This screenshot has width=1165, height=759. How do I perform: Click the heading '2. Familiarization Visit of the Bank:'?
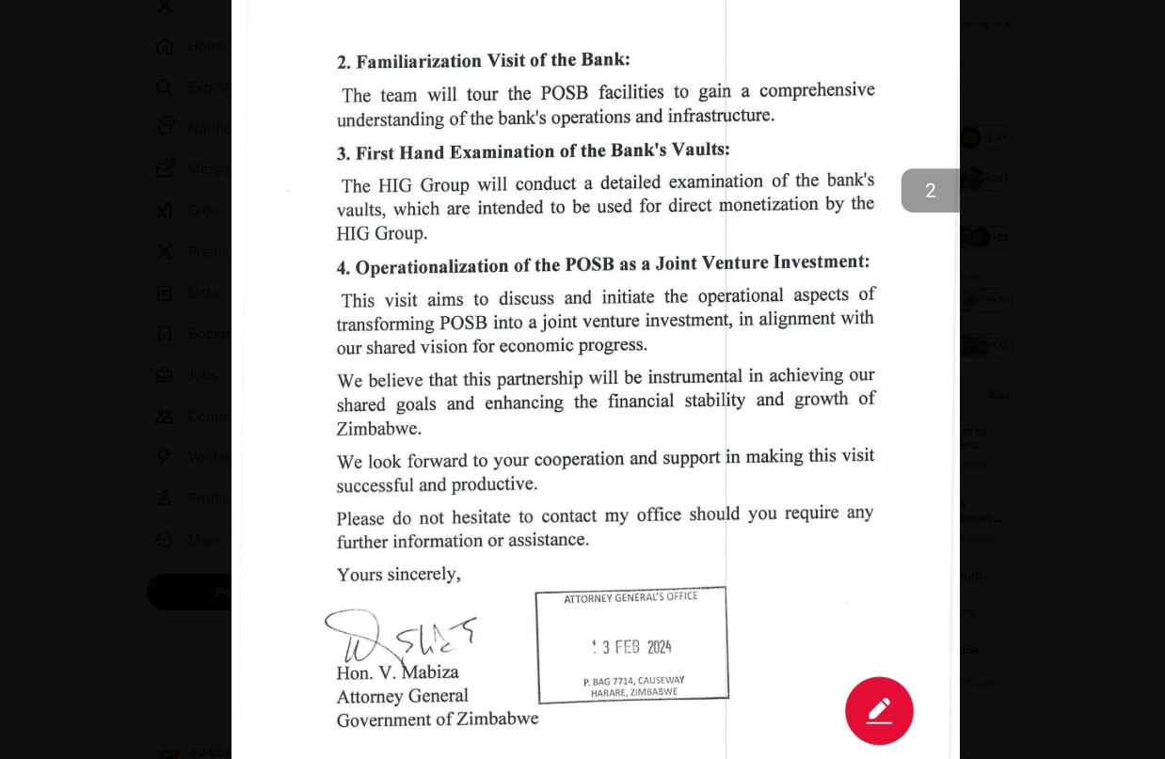(x=483, y=61)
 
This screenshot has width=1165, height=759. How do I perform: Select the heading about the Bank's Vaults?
(x=533, y=151)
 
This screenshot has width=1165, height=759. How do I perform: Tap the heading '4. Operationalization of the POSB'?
(x=602, y=264)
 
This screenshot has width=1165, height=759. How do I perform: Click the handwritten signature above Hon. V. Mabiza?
(x=399, y=637)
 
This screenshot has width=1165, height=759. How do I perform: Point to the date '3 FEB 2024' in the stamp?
(x=632, y=647)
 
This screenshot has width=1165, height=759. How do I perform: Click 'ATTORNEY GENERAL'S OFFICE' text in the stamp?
(x=630, y=598)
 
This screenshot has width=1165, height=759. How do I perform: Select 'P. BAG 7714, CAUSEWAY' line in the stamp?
(x=633, y=681)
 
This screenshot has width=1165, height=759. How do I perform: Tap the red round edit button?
(x=879, y=711)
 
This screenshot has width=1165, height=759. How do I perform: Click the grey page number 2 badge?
(x=930, y=191)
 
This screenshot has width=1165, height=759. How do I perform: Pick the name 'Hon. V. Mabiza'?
(x=397, y=672)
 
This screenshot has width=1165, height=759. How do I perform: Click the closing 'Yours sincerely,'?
(x=398, y=575)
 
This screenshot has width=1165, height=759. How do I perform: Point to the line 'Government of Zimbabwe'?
(x=437, y=719)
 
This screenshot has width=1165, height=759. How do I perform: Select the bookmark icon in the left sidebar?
(x=165, y=334)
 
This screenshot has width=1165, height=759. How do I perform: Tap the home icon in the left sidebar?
(x=165, y=46)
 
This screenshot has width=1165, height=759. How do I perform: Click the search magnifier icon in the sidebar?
(x=165, y=87)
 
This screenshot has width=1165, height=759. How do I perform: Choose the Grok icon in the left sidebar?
(x=165, y=211)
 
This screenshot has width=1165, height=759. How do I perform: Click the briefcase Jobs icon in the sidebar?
(x=165, y=375)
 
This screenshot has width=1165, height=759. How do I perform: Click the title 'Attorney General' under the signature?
(x=402, y=697)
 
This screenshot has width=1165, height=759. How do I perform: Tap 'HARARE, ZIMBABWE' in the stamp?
(x=633, y=693)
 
